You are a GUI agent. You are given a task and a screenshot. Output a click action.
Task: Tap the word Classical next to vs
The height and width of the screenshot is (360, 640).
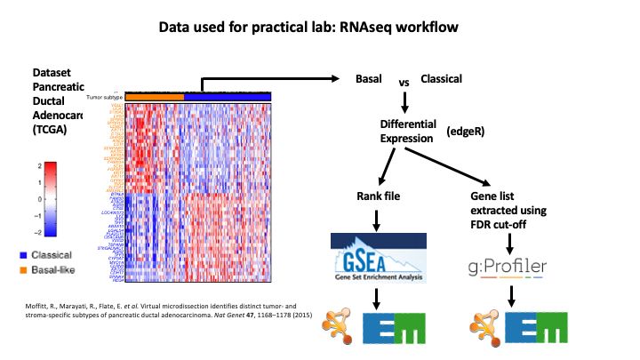(x=441, y=79)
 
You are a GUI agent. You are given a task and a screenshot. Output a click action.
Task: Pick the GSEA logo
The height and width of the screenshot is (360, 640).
(x=379, y=259)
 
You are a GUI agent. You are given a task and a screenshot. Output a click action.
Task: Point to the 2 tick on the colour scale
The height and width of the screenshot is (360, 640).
(x=41, y=166)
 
